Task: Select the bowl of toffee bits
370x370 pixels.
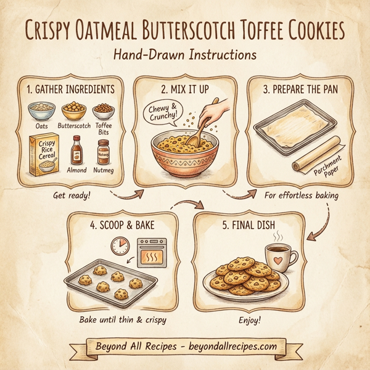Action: [104, 111]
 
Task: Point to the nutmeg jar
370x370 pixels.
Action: [103, 152]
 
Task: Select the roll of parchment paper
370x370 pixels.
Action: [318, 155]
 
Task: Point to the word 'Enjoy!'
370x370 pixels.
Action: [250, 321]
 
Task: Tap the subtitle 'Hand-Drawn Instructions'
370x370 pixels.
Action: [185, 55]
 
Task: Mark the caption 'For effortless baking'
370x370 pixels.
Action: [301, 195]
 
